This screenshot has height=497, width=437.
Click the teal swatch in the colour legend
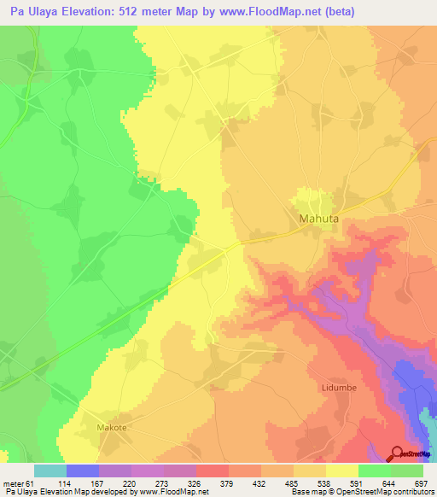click(50, 471)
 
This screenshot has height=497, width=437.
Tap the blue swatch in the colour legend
click(82, 471)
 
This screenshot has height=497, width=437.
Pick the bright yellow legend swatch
click(341, 471)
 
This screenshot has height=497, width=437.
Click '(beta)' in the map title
click(335, 12)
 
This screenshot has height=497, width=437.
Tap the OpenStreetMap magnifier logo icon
click(395, 453)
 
